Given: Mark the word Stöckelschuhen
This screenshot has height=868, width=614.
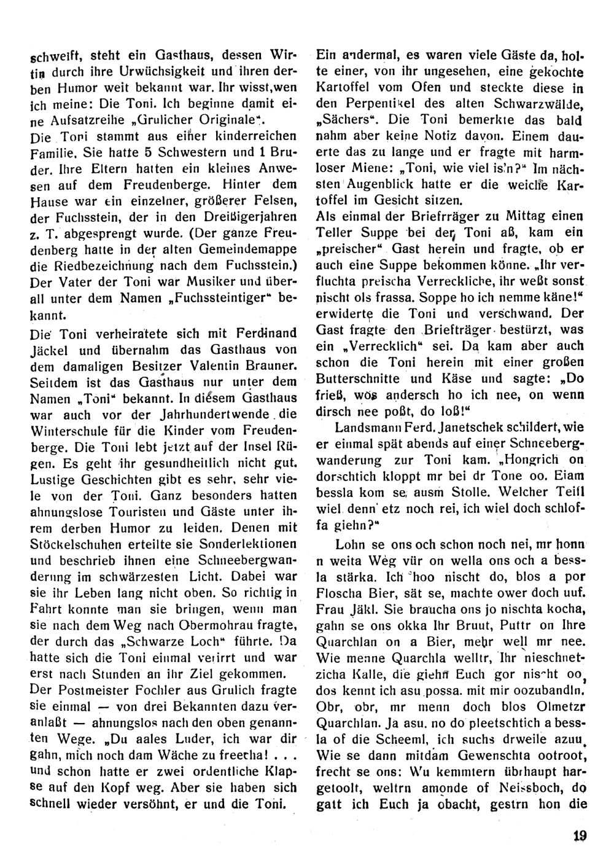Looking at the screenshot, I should tap(77, 544).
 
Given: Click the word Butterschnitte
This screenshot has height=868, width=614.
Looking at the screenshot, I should tap(356, 378).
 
